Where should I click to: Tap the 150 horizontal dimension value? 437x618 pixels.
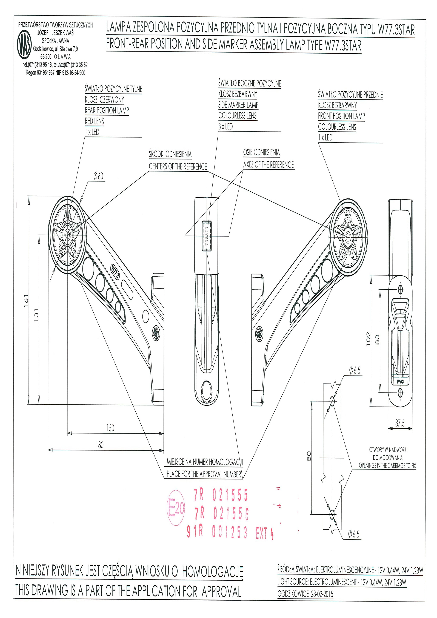110,428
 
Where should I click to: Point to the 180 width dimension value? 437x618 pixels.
100,445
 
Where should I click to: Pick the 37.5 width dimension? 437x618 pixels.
400,423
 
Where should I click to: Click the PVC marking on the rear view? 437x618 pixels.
400,381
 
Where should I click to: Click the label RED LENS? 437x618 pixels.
94,121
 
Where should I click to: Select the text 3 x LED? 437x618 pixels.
226,127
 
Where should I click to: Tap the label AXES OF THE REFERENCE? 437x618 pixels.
268,165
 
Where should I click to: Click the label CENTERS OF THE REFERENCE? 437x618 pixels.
178,167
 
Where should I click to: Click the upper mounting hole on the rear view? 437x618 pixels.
400,289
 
